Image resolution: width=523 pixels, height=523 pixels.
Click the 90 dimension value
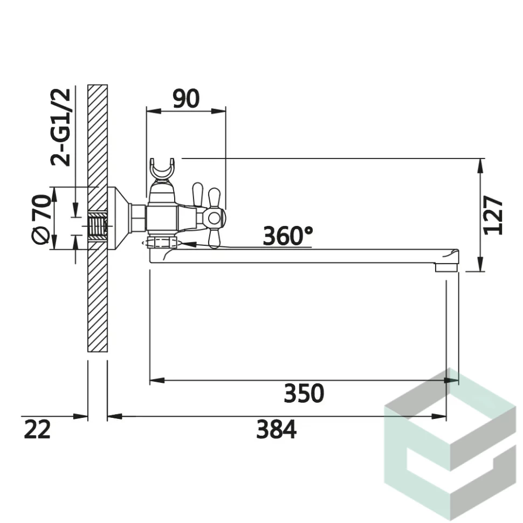point(186,98)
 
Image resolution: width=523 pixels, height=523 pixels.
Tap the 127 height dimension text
point(493,216)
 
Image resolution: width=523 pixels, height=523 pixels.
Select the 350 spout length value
point(304,394)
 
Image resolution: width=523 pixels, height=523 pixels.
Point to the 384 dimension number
point(276,430)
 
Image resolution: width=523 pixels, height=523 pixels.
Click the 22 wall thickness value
point(37,430)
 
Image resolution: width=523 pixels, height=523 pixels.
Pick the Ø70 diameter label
point(42,219)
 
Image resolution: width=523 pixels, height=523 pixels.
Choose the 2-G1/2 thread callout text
point(61,127)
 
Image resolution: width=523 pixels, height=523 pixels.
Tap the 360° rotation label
point(288,236)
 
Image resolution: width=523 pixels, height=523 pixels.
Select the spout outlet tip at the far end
point(446,267)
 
